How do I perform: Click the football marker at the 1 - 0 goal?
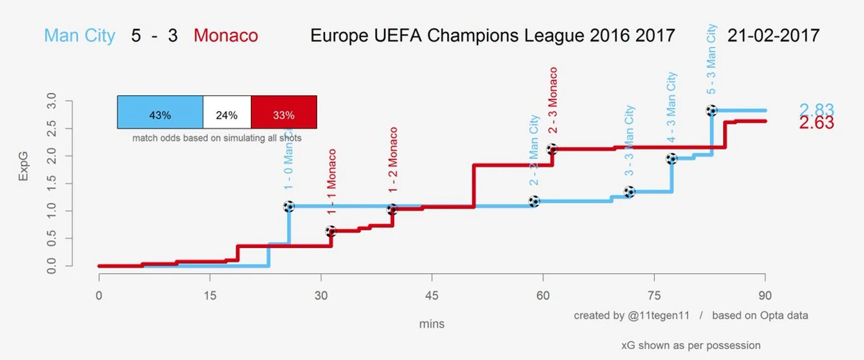pyautogui.click(x=289, y=207)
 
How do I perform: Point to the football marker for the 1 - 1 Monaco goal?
pyautogui.click(x=331, y=231)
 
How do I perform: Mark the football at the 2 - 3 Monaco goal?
pyautogui.click(x=552, y=149)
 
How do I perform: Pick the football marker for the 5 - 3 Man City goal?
pyautogui.click(x=711, y=110)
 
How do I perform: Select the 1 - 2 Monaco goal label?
pyautogui.click(x=393, y=160)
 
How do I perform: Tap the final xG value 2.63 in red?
pyautogui.click(x=816, y=123)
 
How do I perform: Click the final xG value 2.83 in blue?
pyautogui.click(x=816, y=110)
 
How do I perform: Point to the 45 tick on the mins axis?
pyautogui.click(x=432, y=295)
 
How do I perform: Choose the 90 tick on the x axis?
pyautogui.click(x=765, y=295)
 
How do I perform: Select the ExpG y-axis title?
pyautogui.click(x=23, y=166)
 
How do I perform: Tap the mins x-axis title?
pyautogui.click(x=431, y=324)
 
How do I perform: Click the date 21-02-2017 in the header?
pyautogui.click(x=773, y=36)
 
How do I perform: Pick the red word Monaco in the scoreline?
pyautogui.click(x=225, y=36)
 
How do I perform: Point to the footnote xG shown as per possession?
pyautogui.click(x=691, y=345)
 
